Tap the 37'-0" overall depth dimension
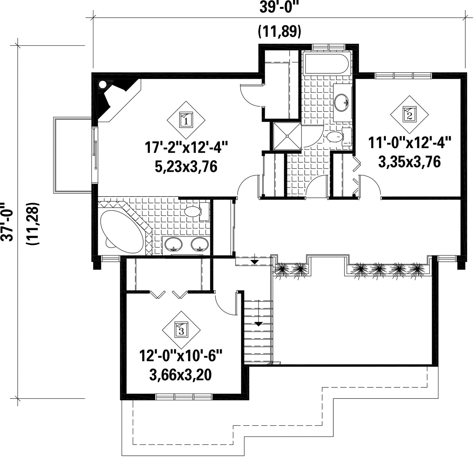click(7, 222)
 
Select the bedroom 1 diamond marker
click(186, 120)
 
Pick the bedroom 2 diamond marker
click(409, 115)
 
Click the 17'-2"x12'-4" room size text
click(186, 148)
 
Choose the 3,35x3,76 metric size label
click(409, 162)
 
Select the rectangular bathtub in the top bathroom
click(326, 63)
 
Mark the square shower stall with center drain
click(287, 136)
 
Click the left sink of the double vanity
click(174, 244)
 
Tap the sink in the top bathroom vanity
click(341, 102)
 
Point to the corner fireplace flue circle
click(102, 85)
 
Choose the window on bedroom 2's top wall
click(403, 76)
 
